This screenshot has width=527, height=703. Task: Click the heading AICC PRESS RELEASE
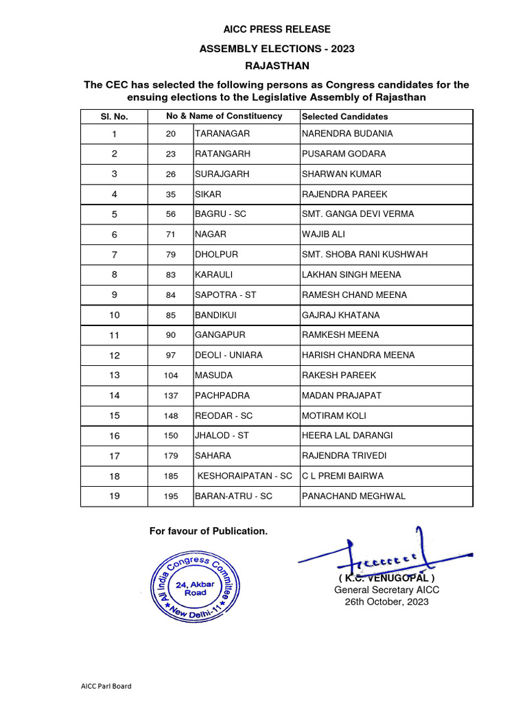coord(277,29)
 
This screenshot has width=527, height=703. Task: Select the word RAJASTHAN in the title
coord(277,66)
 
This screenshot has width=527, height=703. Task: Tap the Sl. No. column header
coord(115,117)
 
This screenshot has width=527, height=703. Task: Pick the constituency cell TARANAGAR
coord(222,134)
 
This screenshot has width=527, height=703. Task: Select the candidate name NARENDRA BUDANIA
coord(347,134)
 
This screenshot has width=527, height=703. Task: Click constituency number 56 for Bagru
coord(171,214)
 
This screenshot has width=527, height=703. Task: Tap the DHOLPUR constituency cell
coord(216,255)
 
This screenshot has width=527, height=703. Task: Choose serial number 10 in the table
coord(115,315)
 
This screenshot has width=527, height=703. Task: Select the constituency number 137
coord(171,396)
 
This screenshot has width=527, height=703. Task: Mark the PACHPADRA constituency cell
coord(222,396)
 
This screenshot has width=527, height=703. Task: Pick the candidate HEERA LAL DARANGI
coord(353,436)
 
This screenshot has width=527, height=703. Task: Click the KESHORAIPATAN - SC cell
coord(245,476)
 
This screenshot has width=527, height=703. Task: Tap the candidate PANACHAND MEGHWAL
coord(353,496)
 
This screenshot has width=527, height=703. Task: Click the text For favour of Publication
coord(209,531)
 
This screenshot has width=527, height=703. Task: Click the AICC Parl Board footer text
coord(106,686)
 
